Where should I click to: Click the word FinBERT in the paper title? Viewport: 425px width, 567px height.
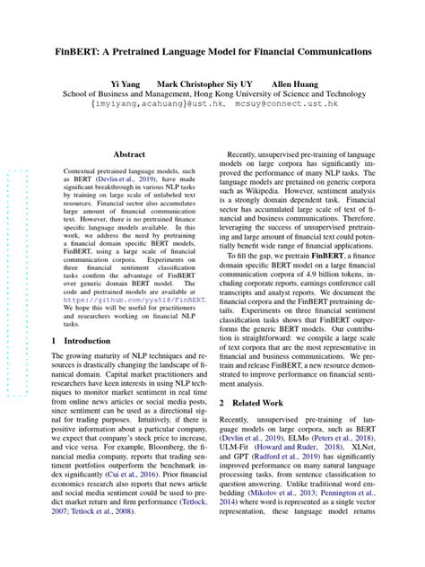click(87, 52)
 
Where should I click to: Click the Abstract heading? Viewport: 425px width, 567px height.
click(129, 154)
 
